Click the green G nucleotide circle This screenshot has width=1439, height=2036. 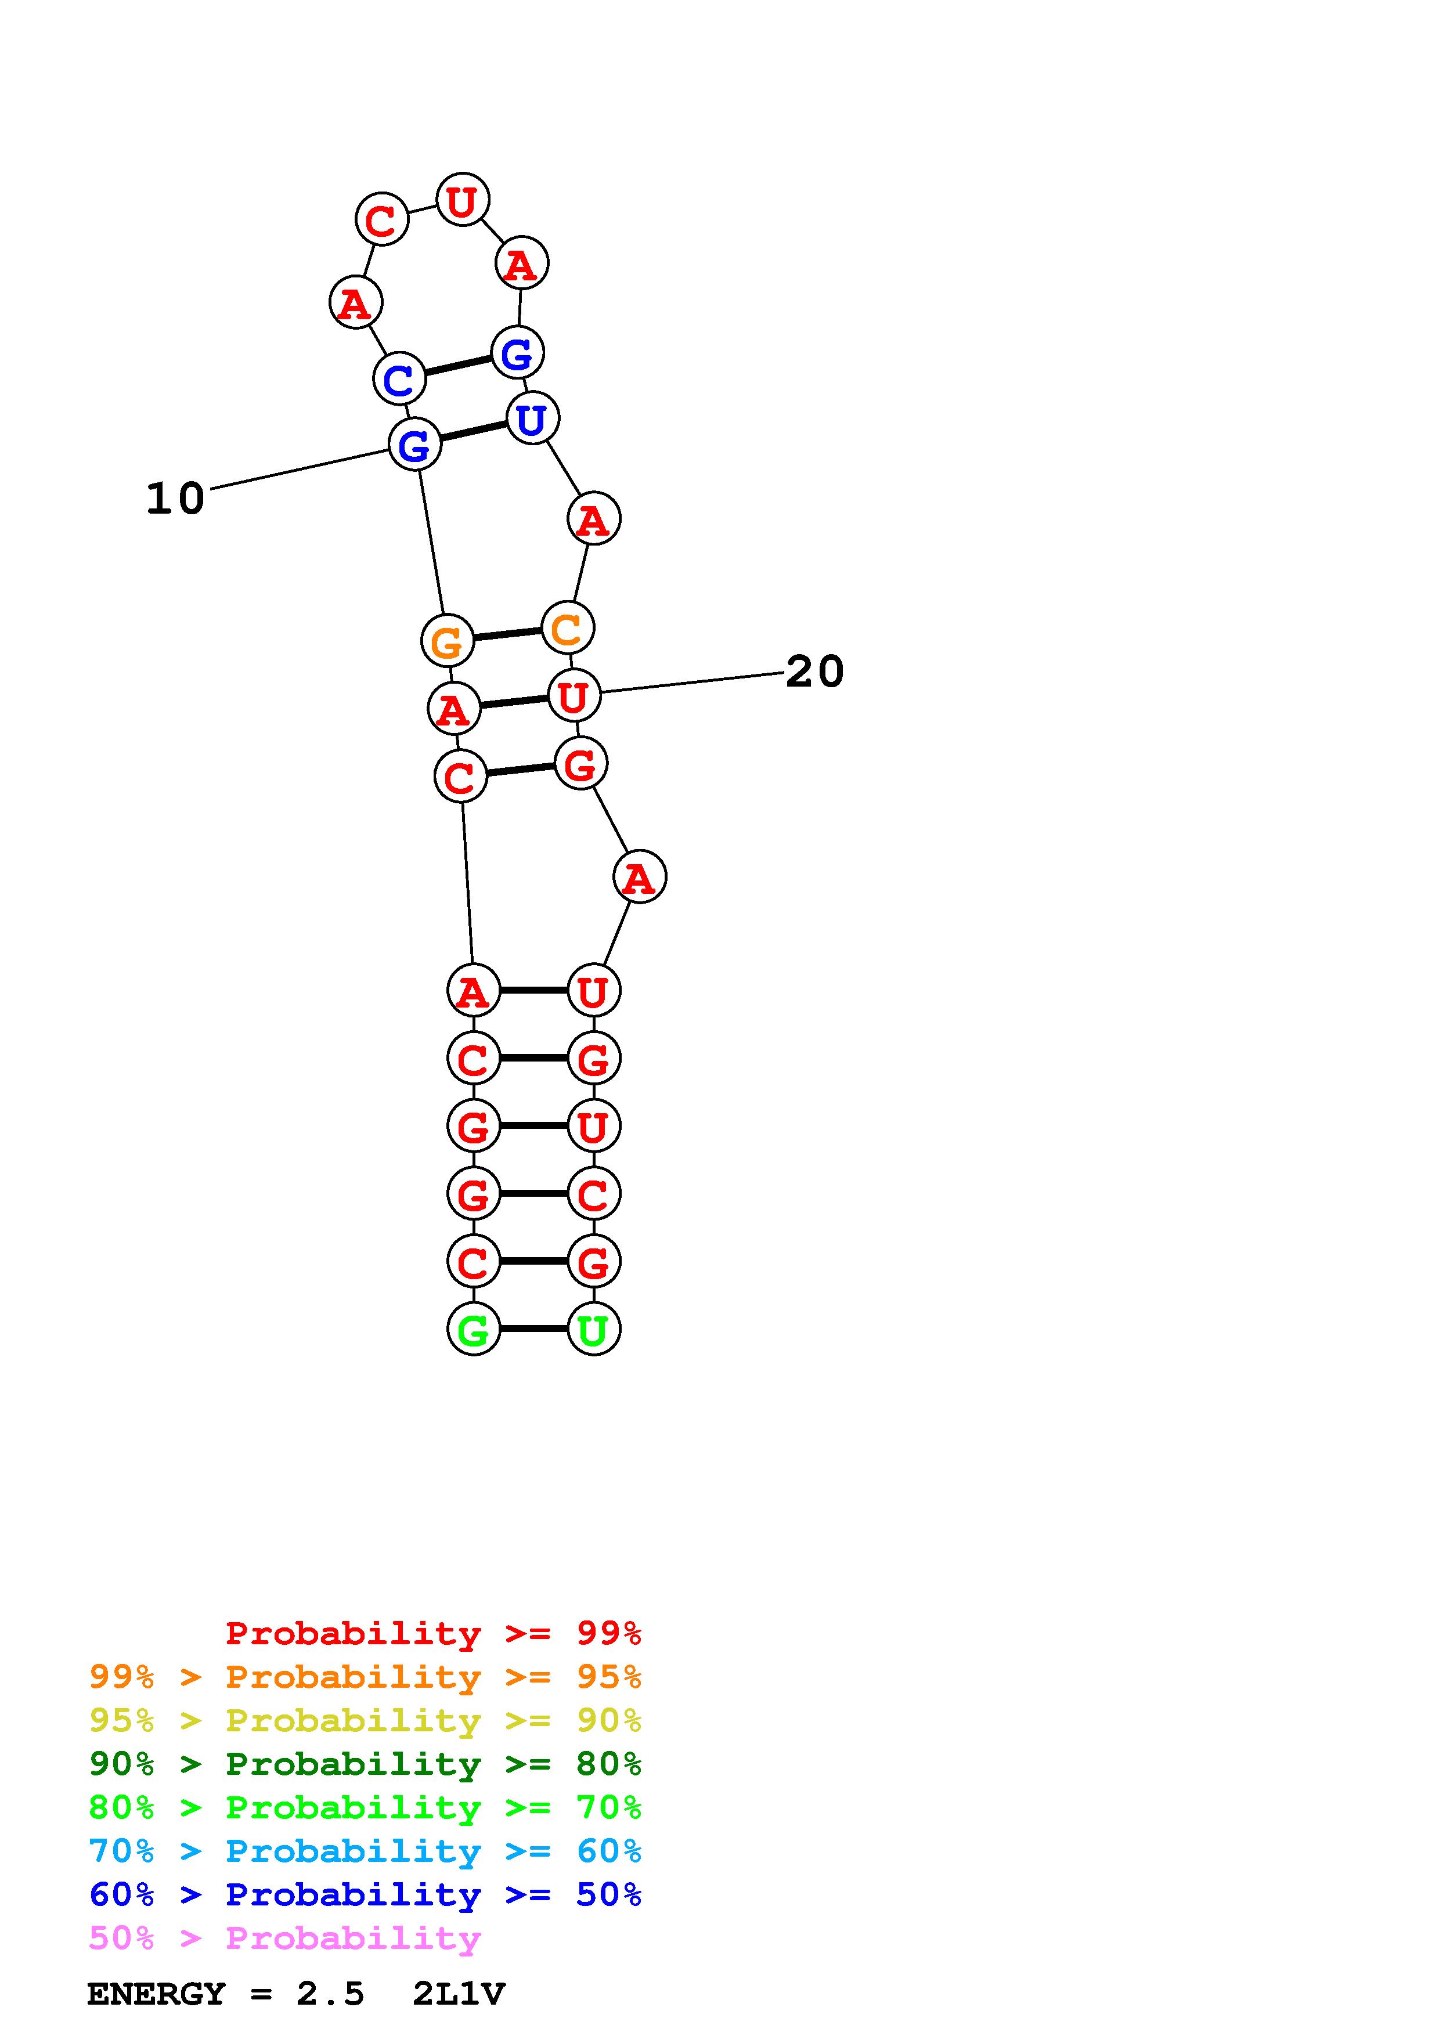(474, 1329)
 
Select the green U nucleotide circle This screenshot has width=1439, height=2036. (593, 1329)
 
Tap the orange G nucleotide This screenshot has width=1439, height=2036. (447, 640)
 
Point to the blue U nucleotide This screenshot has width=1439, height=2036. (532, 418)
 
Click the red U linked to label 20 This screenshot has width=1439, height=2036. (574, 695)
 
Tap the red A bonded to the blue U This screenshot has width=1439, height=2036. (593, 519)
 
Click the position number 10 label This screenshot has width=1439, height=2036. (175, 499)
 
